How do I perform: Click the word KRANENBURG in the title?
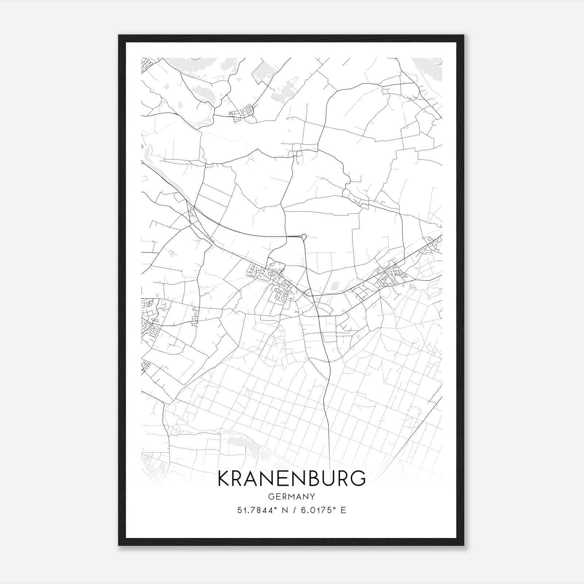pos(291,479)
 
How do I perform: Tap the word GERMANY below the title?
pos(291,497)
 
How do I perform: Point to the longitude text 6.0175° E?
pos(323,510)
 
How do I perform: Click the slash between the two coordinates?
pos(295,510)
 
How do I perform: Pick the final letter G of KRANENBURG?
pos(358,479)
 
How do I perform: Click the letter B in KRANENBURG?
pos(310,479)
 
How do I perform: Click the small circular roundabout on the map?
pos(304,237)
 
